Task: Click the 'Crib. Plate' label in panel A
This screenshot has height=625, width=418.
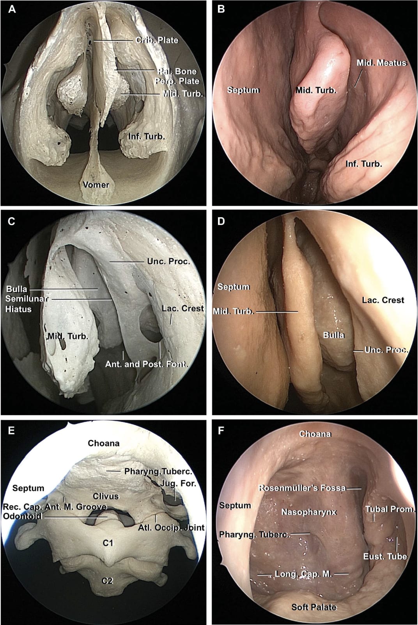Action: [157, 40]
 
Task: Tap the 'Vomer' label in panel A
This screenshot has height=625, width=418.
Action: [96, 185]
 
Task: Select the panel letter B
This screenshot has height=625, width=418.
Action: [221, 9]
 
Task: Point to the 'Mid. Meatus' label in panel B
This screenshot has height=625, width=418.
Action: [381, 63]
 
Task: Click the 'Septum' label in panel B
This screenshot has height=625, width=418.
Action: [243, 90]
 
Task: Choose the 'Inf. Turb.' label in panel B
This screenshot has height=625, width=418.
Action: [364, 164]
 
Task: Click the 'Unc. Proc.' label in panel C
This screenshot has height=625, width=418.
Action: [168, 261]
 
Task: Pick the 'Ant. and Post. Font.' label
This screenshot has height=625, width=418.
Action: [147, 364]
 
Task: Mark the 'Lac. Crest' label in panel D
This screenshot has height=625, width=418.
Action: [383, 300]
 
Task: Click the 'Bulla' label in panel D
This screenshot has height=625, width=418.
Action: [334, 335]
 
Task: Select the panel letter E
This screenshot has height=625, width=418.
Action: [11, 430]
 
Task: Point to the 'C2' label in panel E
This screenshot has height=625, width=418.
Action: [107, 581]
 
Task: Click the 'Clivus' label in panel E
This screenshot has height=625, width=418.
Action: [106, 496]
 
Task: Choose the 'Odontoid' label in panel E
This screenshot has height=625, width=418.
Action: [22, 516]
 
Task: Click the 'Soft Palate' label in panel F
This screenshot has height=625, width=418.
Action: [314, 607]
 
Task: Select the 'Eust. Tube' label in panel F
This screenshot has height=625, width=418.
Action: [385, 556]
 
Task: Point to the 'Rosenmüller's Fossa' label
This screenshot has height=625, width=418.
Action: [302, 488]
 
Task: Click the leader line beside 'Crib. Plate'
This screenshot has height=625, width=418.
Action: [113, 41]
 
